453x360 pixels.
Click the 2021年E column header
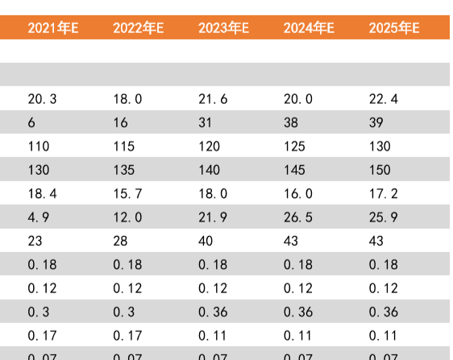(53, 28)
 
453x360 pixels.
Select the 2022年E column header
(139, 28)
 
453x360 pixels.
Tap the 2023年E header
(224, 28)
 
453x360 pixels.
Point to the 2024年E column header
(309, 28)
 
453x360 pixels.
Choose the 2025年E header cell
(394, 28)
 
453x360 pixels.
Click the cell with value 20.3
(42, 99)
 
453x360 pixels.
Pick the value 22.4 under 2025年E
(383, 99)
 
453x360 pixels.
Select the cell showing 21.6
(213, 99)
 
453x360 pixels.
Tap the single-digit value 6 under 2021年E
(31, 122)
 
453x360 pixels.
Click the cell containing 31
(206, 122)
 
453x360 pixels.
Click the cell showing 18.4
(42, 194)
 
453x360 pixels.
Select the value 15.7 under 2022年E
(127, 194)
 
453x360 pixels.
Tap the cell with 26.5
(298, 217)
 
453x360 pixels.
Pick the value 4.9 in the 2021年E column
(39, 217)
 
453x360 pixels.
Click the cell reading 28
(120, 241)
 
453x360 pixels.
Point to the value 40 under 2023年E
(206, 241)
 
